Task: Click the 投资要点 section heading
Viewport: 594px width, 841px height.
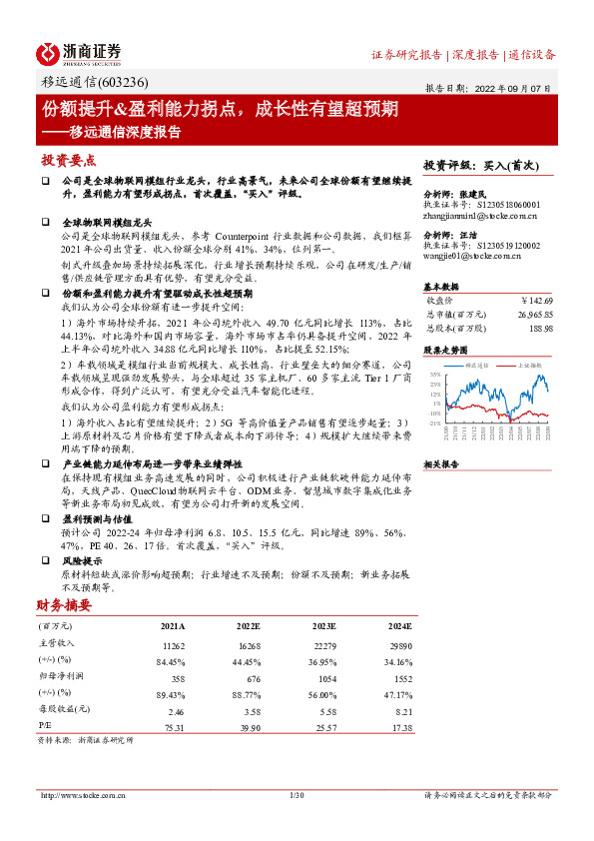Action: click(69, 160)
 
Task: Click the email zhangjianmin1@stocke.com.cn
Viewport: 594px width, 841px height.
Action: click(480, 215)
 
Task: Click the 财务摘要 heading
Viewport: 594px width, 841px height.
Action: click(63, 605)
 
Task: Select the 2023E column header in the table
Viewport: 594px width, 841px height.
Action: click(322, 626)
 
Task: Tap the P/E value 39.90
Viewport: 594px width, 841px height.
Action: click(248, 726)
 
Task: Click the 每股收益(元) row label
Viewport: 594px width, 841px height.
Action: click(61, 709)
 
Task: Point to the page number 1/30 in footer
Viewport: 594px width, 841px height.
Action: click(296, 795)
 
